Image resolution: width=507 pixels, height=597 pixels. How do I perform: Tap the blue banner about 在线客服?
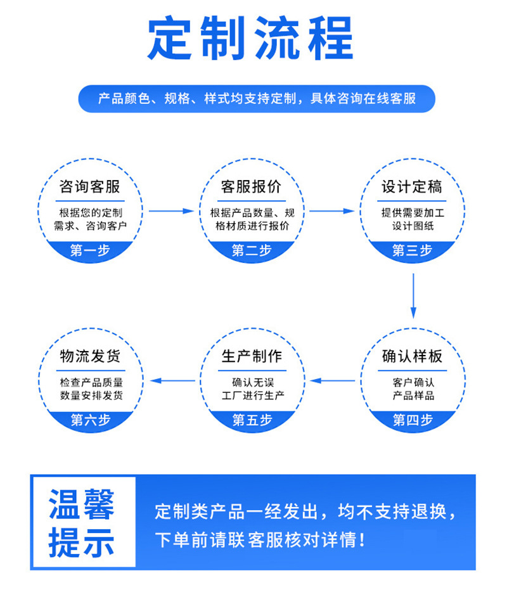[x=257, y=99]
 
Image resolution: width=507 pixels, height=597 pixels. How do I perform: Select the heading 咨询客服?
[x=89, y=187]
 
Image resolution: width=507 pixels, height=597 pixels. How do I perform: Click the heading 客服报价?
[x=251, y=187]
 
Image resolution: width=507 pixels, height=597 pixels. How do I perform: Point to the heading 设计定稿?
[x=412, y=187]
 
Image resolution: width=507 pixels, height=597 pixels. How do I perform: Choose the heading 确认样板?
[x=412, y=356]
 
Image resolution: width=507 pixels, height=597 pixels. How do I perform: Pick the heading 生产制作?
[x=252, y=356]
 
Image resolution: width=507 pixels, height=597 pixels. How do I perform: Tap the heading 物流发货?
[x=90, y=356]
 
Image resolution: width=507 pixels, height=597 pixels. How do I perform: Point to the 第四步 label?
[x=413, y=420]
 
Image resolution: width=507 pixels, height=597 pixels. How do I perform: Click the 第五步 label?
[x=252, y=420]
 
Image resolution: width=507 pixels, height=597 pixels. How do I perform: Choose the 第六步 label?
[x=90, y=420]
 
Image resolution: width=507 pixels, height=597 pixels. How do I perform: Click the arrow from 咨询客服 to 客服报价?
[x=170, y=210]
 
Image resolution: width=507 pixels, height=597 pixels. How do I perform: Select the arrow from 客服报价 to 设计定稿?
[x=331, y=210]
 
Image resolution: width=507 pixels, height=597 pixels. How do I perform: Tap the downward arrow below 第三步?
[x=413, y=295]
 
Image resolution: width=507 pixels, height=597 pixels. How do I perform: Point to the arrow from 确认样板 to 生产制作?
[x=333, y=381]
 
